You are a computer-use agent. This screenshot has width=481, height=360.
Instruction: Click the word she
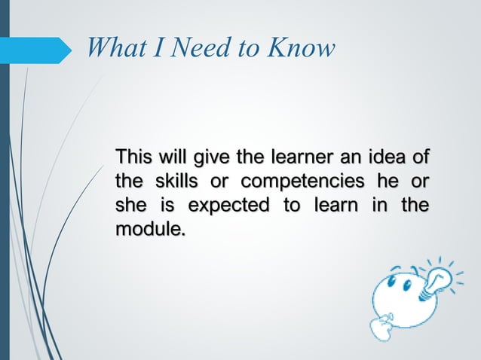[130, 205]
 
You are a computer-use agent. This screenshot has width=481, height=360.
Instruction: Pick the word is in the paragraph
[164, 205]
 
